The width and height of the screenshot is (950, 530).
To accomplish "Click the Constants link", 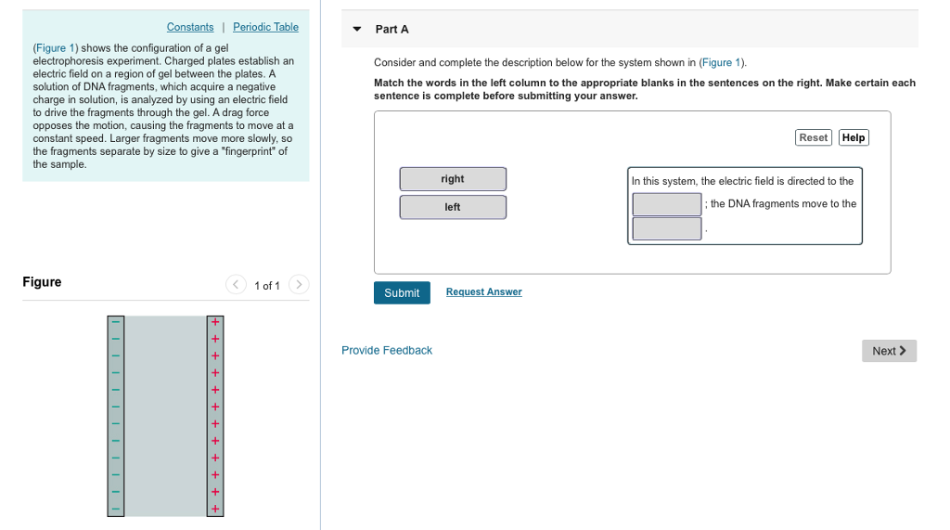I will coord(190,27).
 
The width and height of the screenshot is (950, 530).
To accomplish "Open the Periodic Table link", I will coord(265,27).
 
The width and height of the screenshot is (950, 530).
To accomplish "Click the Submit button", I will coord(402,292).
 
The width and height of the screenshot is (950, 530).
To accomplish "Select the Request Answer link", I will coord(483,291).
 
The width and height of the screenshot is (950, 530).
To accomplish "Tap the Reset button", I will coord(813,137).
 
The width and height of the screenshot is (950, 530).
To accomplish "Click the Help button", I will coord(854,137).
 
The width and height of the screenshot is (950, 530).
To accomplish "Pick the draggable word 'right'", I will coord(453,179).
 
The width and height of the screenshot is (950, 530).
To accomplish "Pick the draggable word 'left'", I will coord(453,207).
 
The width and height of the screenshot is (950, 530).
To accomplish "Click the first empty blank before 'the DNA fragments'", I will coord(667,204).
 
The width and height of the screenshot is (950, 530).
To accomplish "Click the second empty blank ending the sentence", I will coord(667,228).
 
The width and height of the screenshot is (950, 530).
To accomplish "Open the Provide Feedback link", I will coord(387,350).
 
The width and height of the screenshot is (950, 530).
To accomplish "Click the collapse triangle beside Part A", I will coord(356,29).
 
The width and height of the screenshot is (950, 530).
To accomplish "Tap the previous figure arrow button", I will coord(237,284).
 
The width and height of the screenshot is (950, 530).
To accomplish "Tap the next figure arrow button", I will coord(299,284).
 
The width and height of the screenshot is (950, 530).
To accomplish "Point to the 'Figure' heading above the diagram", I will coord(42,282).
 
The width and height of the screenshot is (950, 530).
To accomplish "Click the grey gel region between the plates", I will coord(165,416).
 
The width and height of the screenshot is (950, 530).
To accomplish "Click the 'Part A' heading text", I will coord(392,30).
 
